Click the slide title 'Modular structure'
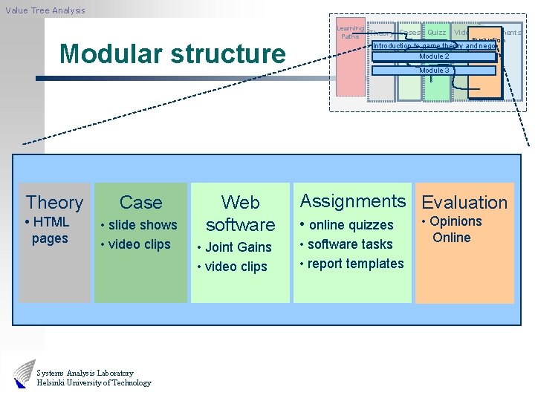click(172, 54)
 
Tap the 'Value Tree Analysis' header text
click(45, 10)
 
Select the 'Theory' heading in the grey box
click(54, 202)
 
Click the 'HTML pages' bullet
click(48, 230)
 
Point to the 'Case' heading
click(140, 202)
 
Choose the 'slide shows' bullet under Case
click(141, 225)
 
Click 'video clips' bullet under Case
click(137, 244)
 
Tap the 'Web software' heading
click(240, 213)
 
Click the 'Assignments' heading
click(352, 201)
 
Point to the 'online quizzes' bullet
click(348, 225)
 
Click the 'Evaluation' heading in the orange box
click(464, 202)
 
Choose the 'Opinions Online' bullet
click(453, 229)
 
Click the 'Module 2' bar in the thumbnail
click(434, 56)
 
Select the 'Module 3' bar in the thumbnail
click(434, 71)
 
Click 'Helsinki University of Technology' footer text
click(94, 383)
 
